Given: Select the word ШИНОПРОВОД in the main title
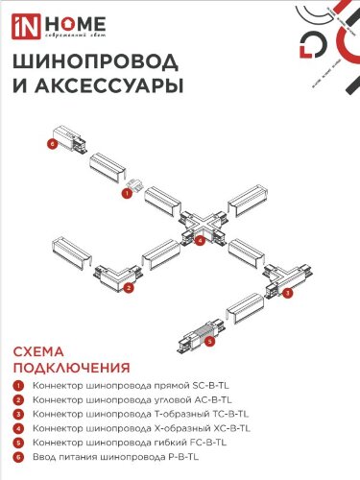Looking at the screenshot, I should [x=94, y=62].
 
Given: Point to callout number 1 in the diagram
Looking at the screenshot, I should [x=126, y=193].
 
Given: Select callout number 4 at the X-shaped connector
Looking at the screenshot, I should [x=200, y=241].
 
